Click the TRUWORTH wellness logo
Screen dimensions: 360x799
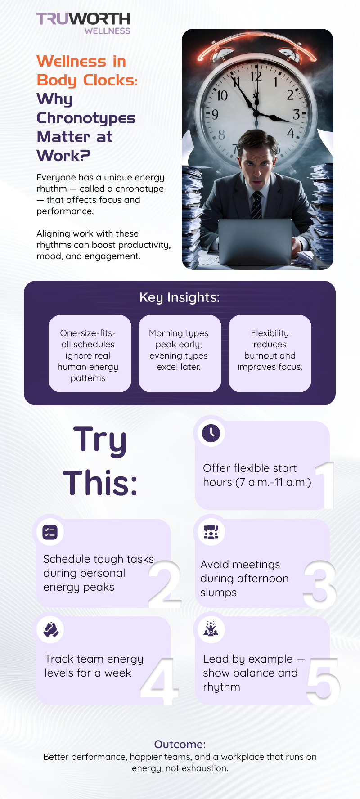coord(83,23)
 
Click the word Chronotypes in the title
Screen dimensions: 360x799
coord(86,118)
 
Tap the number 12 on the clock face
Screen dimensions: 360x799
coord(256,76)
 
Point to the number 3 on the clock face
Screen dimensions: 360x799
coord(296,114)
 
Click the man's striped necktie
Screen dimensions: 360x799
coord(256,205)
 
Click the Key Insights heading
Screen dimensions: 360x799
coord(180,297)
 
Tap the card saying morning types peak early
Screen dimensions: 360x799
coord(180,354)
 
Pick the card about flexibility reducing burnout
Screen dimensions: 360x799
coord(270,354)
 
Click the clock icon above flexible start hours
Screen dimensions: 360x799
coord(211,433)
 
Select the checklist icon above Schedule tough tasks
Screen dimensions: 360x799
coord(50,532)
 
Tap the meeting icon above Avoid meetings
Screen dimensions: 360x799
coord(211,532)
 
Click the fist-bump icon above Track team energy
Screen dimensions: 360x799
coord(51,630)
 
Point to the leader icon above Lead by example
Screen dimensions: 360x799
coord(211,628)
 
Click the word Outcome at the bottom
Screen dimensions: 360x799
coord(180,744)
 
